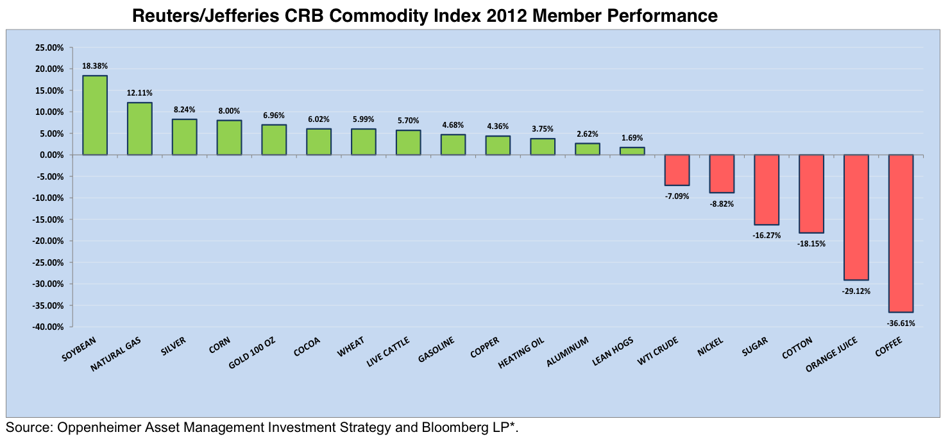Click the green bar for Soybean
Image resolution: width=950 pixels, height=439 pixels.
coord(95,116)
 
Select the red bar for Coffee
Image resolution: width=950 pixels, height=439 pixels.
coord(901,234)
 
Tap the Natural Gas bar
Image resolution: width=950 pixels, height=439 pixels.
coord(140,129)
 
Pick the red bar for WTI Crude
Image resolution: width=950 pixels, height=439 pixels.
coord(677,170)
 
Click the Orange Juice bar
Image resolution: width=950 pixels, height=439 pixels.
coord(856,218)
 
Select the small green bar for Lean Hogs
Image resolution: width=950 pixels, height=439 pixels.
coord(632,151)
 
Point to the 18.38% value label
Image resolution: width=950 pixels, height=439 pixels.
coord(95,66)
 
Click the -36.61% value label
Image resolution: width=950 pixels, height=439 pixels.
coord(901,323)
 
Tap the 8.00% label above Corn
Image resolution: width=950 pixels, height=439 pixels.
coord(229,111)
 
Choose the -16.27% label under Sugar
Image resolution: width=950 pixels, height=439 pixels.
coord(767,236)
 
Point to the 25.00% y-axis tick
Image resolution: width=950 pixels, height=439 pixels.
coord(49,47)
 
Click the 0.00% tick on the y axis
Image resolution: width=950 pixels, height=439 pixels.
coord(51,155)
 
